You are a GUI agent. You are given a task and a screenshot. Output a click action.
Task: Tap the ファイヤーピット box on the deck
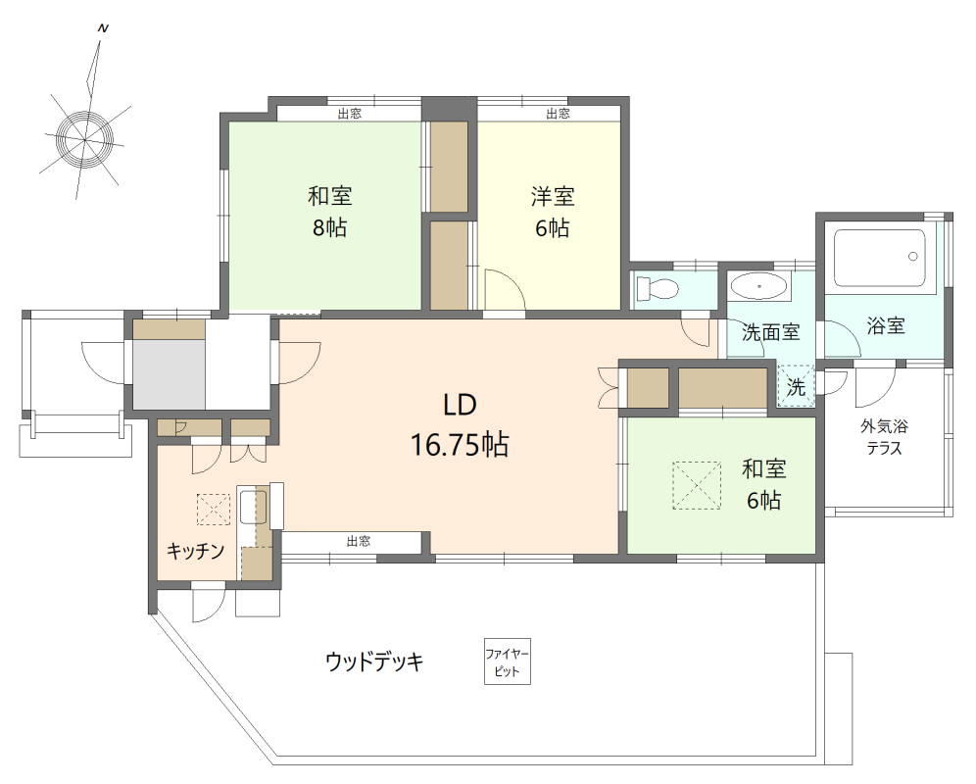click(508, 662)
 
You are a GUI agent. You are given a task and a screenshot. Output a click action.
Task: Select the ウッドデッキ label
click(374, 661)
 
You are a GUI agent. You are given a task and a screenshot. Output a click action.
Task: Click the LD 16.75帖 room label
click(459, 426)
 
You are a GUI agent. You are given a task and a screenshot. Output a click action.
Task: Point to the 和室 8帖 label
click(329, 212)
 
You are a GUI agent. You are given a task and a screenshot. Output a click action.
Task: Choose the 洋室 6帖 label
click(552, 212)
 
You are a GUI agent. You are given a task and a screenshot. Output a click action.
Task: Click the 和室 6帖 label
click(763, 484)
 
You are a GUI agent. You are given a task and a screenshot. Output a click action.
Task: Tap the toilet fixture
click(656, 289)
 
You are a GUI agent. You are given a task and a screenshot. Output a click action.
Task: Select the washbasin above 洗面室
click(759, 288)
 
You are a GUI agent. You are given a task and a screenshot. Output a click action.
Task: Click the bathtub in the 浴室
click(879, 259)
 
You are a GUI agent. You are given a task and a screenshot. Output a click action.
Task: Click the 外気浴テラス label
click(884, 437)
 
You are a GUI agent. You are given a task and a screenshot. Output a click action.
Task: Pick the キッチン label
click(196, 550)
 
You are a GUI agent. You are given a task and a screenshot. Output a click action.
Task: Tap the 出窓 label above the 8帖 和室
click(349, 114)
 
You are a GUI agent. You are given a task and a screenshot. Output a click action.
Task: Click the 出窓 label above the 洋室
click(558, 114)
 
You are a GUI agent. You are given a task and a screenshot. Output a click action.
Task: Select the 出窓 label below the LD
click(358, 541)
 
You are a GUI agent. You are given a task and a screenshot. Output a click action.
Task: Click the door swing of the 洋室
click(505, 290)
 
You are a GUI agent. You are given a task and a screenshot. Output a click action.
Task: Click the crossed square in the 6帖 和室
click(698, 485)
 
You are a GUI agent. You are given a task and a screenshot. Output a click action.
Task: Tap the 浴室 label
click(885, 326)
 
